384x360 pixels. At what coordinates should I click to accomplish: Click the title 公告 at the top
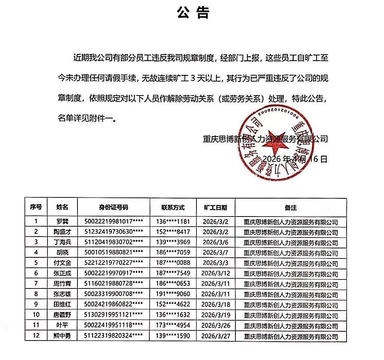pos(193,13)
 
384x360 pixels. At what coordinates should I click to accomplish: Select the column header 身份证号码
pos(113,208)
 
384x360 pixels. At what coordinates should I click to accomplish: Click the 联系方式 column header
pos(173,208)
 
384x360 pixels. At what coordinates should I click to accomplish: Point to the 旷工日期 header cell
pos(215,208)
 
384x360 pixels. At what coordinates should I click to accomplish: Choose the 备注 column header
pos(290,208)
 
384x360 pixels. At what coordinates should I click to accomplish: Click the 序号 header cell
pos(36,208)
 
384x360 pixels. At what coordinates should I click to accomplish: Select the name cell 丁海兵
pos(62,242)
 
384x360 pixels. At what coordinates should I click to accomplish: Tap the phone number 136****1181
pos(173,221)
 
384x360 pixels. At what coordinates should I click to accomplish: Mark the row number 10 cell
pos(36,315)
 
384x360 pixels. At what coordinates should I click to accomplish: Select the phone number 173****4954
pos(173,326)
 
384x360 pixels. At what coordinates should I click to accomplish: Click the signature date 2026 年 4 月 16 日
pos(295,159)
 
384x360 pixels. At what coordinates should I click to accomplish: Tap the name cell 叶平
pos(62,326)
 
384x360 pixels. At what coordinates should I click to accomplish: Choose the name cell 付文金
pos(62,263)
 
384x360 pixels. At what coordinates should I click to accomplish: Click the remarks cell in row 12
pos(290,336)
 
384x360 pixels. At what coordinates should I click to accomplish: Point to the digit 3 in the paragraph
pos(193,78)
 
